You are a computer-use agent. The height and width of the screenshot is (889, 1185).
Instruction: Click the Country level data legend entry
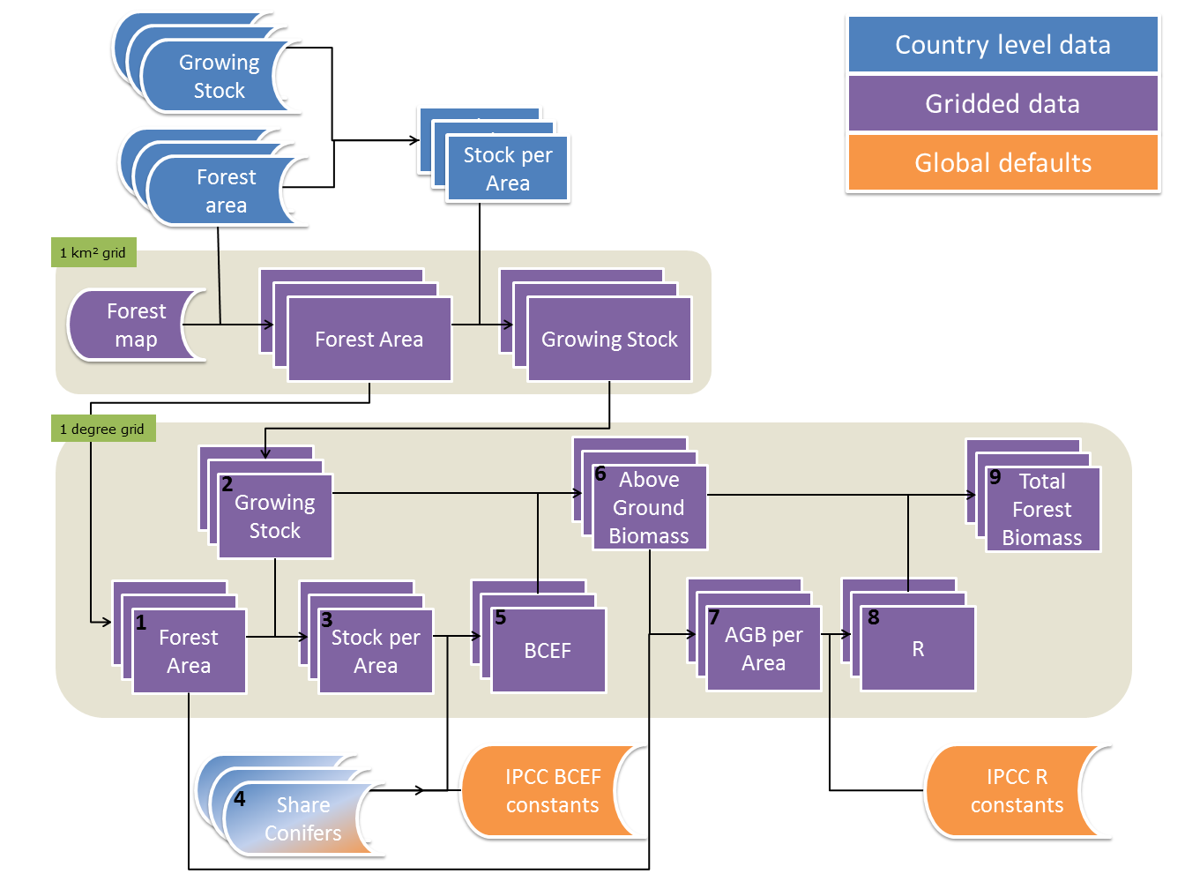coord(1002,45)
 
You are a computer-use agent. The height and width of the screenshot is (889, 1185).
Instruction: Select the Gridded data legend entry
coord(1002,104)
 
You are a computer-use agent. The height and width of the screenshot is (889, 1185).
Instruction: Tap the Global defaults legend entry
coord(1002,163)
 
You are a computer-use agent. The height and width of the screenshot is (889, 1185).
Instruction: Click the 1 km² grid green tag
coord(93,253)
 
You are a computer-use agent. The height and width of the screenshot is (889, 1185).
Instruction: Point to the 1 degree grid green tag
coord(103,430)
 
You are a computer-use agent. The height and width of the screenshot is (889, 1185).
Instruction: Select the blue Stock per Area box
coord(508,168)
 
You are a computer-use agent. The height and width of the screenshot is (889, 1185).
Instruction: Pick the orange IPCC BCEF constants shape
coord(552,791)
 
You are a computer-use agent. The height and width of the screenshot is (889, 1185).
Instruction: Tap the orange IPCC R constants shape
coord(1016,791)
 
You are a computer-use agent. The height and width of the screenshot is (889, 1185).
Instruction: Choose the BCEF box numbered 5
coord(548,651)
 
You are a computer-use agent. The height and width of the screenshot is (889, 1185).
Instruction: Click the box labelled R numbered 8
coord(918,649)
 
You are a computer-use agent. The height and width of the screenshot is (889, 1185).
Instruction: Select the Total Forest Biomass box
coord(1042,510)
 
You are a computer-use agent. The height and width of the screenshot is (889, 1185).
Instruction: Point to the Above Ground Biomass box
coord(649,508)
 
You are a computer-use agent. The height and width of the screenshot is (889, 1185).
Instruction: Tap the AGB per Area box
coord(764,649)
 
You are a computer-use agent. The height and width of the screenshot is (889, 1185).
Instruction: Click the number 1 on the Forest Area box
coord(141,623)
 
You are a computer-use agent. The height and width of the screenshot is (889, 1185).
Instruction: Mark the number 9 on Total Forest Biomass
coord(995,477)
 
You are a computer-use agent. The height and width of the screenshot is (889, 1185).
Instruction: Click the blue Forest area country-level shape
coord(226,191)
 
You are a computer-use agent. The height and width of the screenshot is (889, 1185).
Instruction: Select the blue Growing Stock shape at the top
coord(219,77)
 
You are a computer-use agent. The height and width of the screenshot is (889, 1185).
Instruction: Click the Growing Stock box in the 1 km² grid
coord(609,340)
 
